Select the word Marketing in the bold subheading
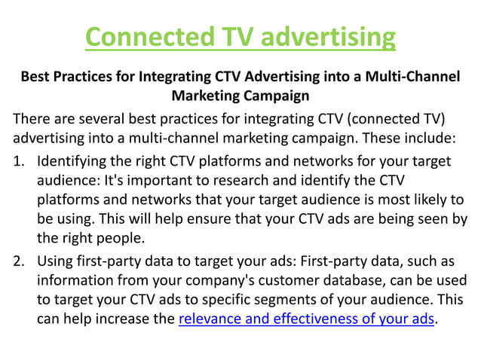[x=206, y=96]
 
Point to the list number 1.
[x=19, y=161]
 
